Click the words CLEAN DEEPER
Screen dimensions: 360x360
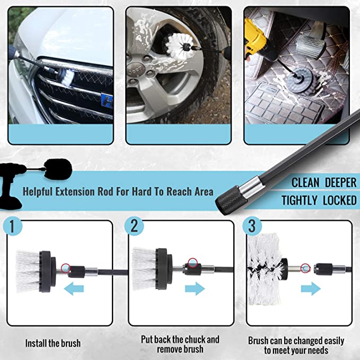[323, 183]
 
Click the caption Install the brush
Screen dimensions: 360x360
[53, 343]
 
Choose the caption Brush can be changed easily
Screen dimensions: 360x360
[296, 340]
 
